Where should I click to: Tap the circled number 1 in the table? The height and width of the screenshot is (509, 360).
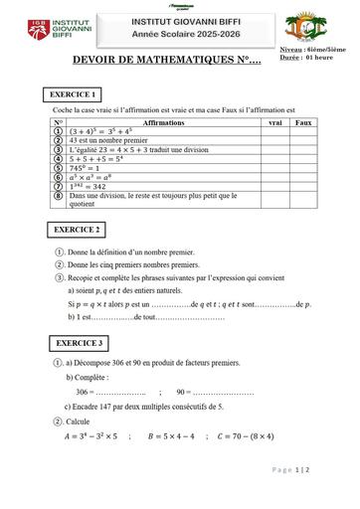(58, 129)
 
